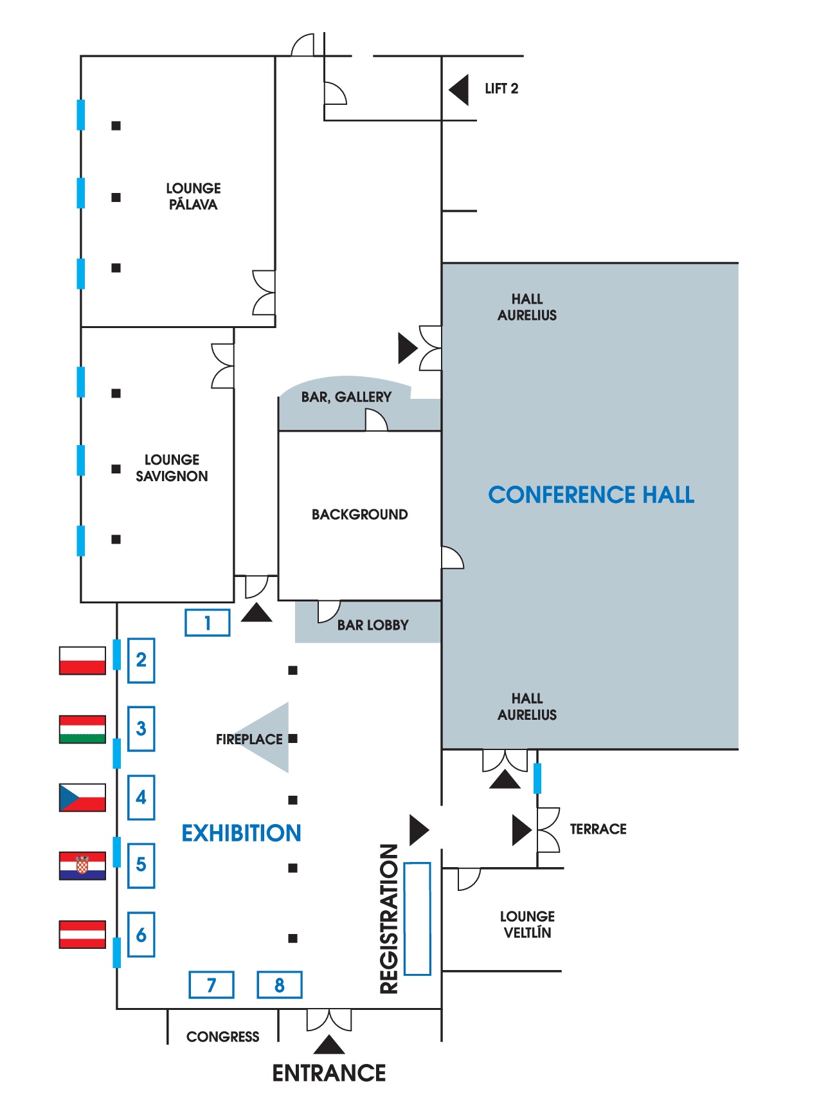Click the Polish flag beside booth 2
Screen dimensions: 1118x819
click(x=82, y=661)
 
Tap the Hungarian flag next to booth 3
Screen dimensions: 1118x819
click(x=82, y=729)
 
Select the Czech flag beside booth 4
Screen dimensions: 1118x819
click(x=82, y=798)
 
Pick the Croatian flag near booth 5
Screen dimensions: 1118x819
click(x=82, y=866)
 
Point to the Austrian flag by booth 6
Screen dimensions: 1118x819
click(x=82, y=935)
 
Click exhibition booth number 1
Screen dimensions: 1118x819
click(x=208, y=623)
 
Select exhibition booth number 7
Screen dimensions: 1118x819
click(x=212, y=985)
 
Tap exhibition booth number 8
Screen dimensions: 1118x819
click(x=280, y=985)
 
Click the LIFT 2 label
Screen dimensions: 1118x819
click(x=501, y=89)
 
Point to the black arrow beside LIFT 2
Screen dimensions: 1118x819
click(x=460, y=89)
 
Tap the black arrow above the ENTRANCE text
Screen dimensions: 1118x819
click(x=329, y=1045)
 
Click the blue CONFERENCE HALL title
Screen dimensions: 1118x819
click(x=591, y=495)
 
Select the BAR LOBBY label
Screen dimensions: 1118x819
click(x=373, y=625)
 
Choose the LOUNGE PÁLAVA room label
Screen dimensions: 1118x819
click(x=193, y=196)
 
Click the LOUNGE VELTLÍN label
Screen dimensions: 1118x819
click(x=527, y=924)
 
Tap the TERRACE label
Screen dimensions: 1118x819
click(x=598, y=829)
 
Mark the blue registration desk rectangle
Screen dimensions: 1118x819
click(x=417, y=919)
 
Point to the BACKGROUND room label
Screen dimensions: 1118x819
click(x=359, y=515)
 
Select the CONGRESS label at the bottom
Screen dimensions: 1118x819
click(x=222, y=1037)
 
